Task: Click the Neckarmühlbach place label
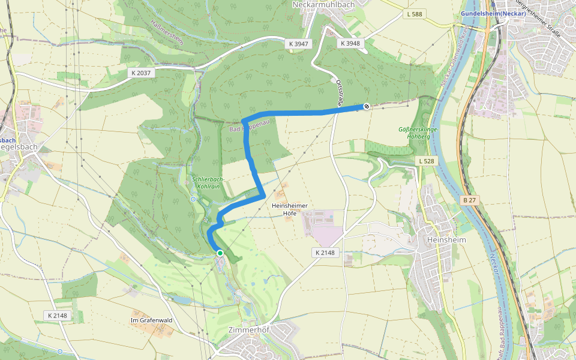(x=323, y=4)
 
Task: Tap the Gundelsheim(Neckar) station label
(x=493, y=13)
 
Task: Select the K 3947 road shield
(x=298, y=43)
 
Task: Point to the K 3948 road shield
(x=350, y=43)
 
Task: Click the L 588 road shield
(x=414, y=14)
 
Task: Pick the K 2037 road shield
(x=142, y=73)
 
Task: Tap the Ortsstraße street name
(x=340, y=93)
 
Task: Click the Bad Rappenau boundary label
(x=247, y=128)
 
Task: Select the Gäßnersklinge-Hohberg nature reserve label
(x=419, y=133)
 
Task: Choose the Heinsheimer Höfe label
(x=290, y=209)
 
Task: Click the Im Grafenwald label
(x=151, y=320)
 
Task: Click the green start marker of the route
(x=220, y=253)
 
